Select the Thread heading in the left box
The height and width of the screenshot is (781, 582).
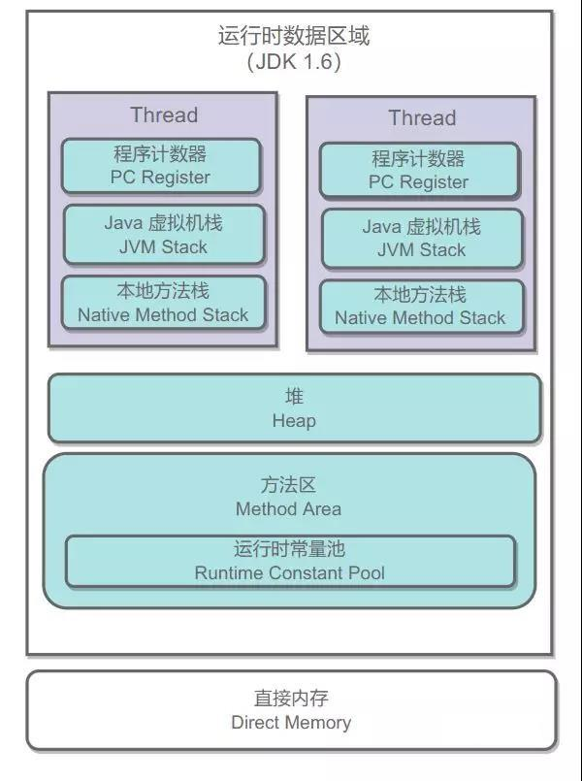[x=164, y=114]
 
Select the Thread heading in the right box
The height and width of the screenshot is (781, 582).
[x=422, y=118]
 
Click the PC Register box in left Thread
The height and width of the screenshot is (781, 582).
[x=161, y=166]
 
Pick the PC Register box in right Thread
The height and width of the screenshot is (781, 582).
[x=419, y=171]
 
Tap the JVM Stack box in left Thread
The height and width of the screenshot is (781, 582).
[x=164, y=235]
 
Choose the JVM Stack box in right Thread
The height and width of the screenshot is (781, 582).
[x=421, y=239]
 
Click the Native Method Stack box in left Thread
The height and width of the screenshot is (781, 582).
[x=163, y=303]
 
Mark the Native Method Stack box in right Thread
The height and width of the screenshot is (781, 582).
[x=420, y=307]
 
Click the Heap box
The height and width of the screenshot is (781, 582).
[x=294, y=408]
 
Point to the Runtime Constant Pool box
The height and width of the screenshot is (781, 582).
[x=289, y=561]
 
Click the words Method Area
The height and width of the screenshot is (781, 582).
[x=288, y=509]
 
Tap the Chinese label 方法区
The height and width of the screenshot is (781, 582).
[x=288, y=485]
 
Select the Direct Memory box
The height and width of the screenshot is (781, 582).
[x=291, y=710]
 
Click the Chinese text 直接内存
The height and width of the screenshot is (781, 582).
[x=291, y=699]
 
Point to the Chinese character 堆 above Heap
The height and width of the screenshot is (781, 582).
[x=294, y=397]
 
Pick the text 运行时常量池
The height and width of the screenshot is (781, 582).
[x=289, y=549]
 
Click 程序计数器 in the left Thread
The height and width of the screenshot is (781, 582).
[x=161, y=154]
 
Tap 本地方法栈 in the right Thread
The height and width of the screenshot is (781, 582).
[x=420, y=295]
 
